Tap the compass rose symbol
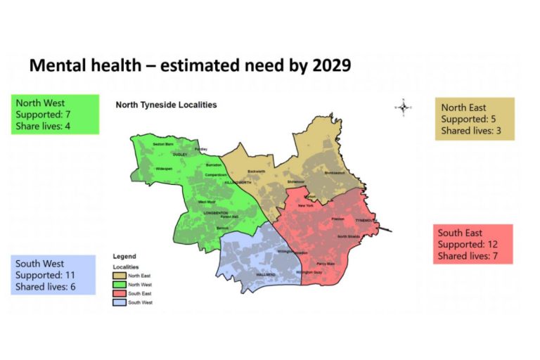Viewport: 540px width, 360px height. coord(404,107)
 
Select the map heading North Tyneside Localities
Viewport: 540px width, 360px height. coord(166,105)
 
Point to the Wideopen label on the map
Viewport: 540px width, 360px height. coord(164,169)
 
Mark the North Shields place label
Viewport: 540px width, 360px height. coord(349,236)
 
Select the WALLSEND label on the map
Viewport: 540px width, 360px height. coord(266,274)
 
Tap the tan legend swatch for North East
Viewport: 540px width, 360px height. coord(119,276)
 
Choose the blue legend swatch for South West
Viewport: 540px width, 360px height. coord(119,302)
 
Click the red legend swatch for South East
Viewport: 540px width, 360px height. coord(119,293)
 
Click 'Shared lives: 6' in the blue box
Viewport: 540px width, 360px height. coord(45,287)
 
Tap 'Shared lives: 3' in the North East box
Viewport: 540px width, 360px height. coord(471,130)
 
